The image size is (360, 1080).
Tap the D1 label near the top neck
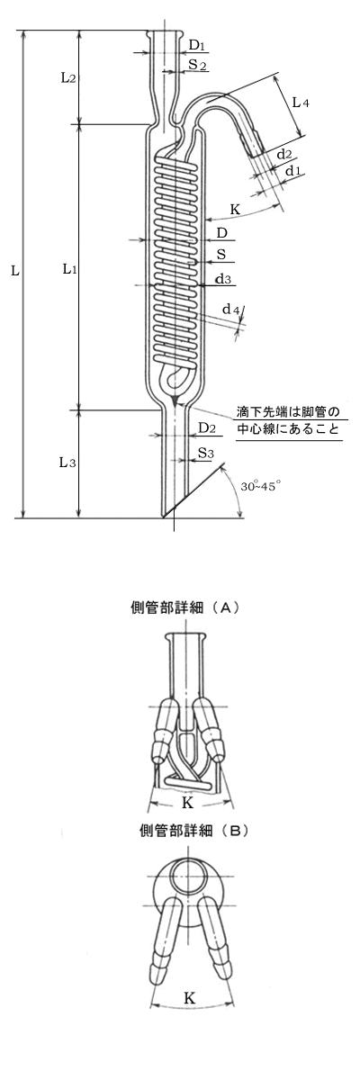(197, 46)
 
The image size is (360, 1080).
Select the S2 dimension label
(198, 64)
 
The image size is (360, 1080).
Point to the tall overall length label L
(15, 271)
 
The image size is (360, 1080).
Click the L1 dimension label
(70, 269)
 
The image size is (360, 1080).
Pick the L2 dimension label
(68, 77)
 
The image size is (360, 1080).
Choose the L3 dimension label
(67, 463)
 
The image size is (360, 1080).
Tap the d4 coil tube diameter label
(230, 310)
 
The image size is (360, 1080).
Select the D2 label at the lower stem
(207, 427)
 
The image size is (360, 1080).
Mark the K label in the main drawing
(235, 209)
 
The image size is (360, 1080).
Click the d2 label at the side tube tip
(283, 154)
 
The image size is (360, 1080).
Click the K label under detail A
(187, 803)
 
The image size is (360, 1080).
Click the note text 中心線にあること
(288, 428)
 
